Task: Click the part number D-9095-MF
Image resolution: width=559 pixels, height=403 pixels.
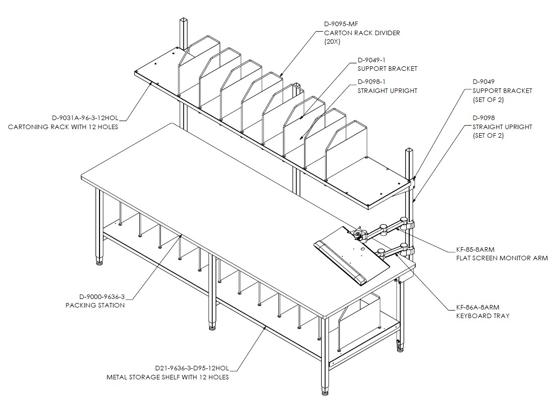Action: tap(341, 24)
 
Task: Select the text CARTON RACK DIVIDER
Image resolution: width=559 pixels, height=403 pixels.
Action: tap(362, 33)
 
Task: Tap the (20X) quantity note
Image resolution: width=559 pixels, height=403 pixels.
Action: tap(332, 42)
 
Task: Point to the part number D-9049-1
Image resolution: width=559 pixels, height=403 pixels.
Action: tap(371, 60)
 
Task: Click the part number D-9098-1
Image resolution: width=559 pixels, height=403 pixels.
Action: tap(371, 82)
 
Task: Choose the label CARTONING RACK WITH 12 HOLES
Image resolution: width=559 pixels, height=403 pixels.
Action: tap(63, 127)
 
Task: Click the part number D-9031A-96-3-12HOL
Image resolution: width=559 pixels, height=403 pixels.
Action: tap(85, 118)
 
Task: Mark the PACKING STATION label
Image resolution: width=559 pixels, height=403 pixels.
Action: tap(95, 306)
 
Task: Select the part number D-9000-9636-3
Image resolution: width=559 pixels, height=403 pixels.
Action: tap(102, 296)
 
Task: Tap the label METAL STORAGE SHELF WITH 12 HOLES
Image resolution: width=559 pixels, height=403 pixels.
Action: tap(167, 377)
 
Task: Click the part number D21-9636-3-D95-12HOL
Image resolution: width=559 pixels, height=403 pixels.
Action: tap(192, 368)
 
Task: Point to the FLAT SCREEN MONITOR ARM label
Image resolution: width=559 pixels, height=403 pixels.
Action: tap(502, 258)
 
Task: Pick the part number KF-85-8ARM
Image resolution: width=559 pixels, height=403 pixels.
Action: tap(475, 249)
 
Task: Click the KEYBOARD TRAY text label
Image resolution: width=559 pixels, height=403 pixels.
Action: tap(483, 316)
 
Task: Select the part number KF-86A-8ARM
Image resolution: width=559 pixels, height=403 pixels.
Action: tap(478, 307)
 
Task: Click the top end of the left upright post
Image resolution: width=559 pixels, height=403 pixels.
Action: tap(183, 19)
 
